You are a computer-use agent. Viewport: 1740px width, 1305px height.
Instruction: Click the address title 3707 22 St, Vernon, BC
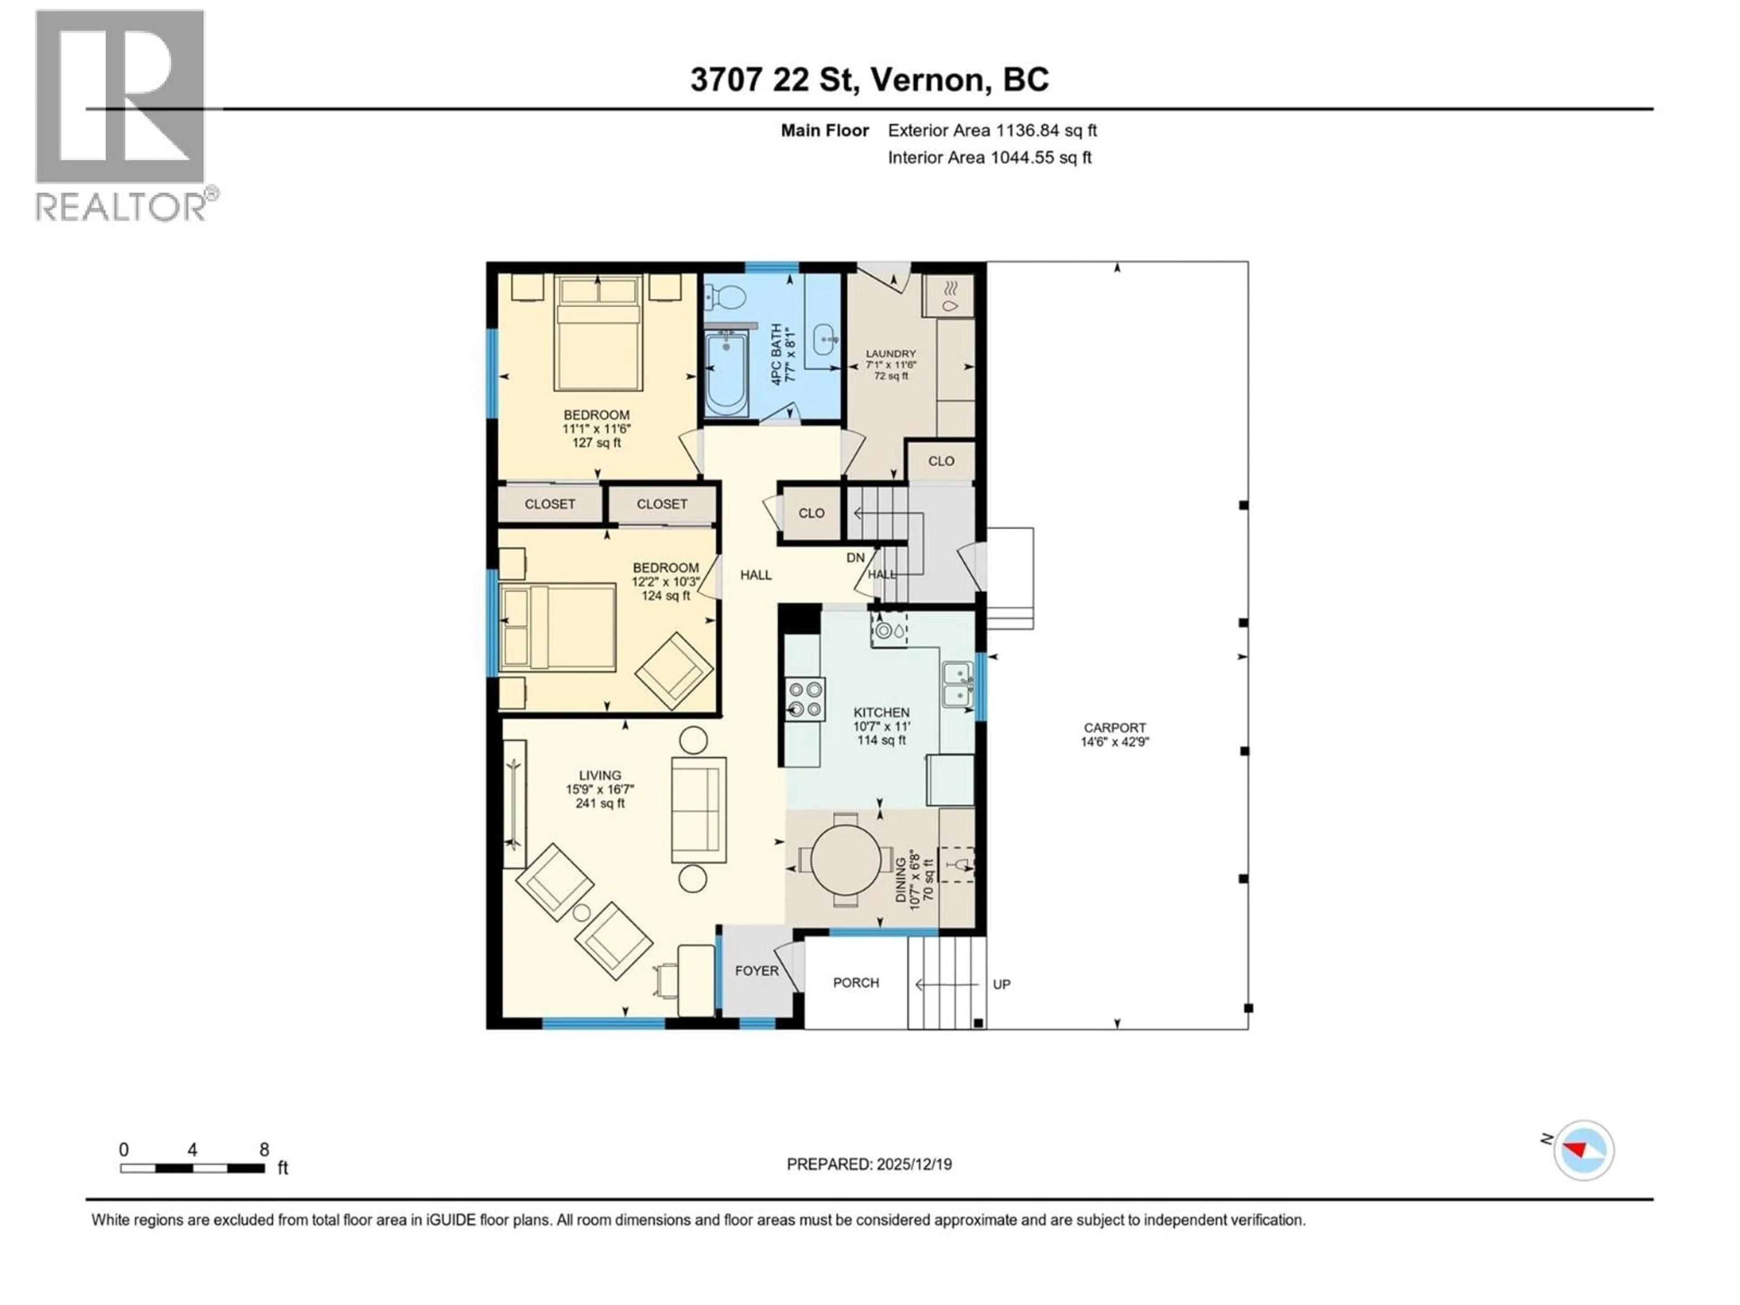coord(869,79)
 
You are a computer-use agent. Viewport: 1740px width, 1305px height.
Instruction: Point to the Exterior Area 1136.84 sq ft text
coord(992,130)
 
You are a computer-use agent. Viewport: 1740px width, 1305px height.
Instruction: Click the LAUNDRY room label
coord(890,354)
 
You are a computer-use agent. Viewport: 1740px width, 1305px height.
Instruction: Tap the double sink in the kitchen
coord(957,684)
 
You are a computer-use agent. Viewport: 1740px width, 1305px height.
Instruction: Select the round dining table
coord(846,860)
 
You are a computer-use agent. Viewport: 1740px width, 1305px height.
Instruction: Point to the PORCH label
coord(856,982)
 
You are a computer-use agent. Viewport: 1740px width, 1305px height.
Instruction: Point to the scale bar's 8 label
coord(264,1149)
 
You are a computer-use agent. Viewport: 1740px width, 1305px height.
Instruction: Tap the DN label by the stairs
coord(855,557)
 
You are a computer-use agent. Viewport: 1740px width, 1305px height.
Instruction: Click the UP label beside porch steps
coord(1001,984)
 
